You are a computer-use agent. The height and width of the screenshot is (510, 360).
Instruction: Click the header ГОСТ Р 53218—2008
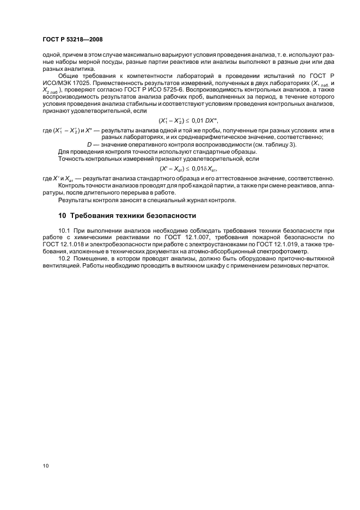[x=72, y=40]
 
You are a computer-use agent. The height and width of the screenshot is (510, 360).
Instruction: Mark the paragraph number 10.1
[x=64, y=231]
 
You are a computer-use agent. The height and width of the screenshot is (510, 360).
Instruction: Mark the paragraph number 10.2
[x=64, y=259]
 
